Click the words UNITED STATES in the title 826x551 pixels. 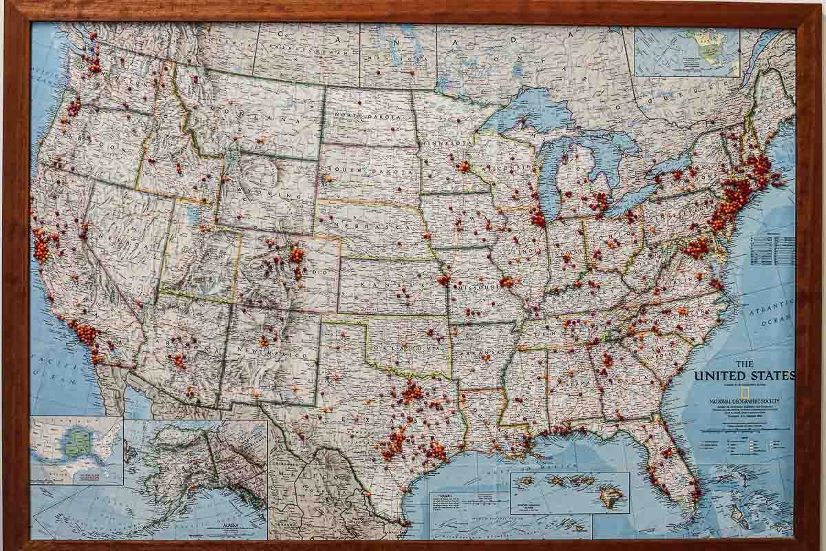click(744, 375)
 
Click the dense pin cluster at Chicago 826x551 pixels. click(538, 218)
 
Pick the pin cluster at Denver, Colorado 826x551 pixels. click(297, 256)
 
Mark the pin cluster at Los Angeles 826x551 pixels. click(86, 334)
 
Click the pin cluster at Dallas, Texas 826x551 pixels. click(412, 393)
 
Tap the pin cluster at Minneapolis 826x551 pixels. click(463, 166)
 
